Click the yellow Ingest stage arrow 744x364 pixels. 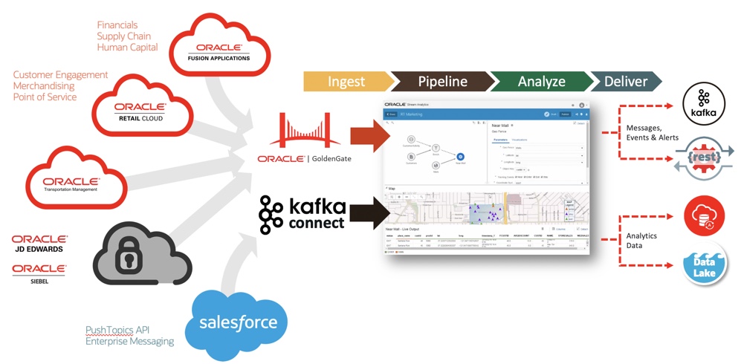coord(346,81)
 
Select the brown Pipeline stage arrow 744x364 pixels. coord(441,81)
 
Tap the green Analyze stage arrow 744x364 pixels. coord(540,81)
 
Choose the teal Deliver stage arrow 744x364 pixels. coord(624,81)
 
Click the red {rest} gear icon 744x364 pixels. coord(702,158)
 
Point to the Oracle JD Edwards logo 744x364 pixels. coord(39,244)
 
